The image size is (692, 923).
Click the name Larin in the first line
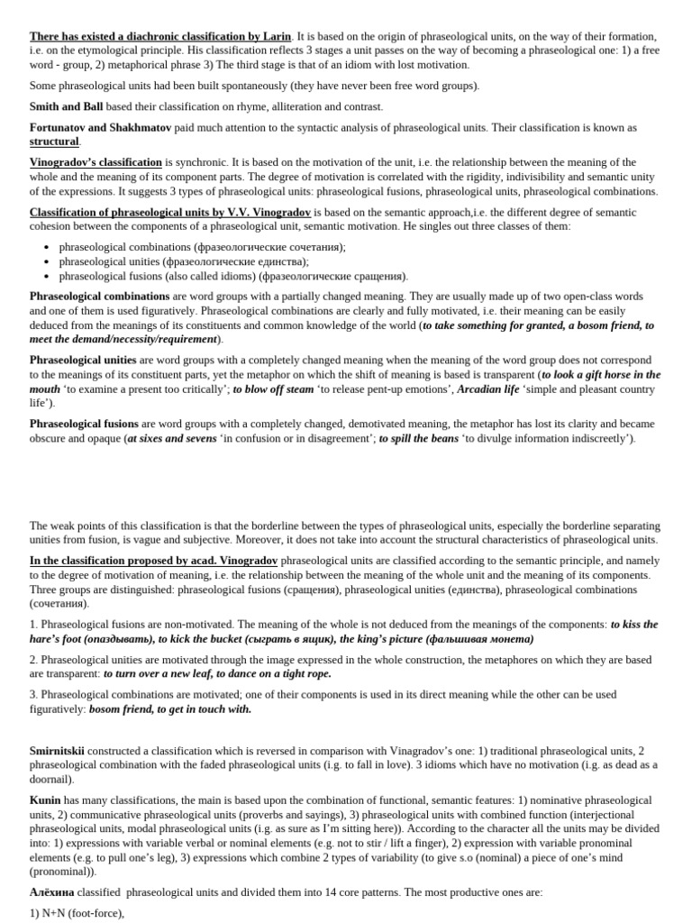coord(276,37)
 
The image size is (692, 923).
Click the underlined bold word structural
coord(54,142)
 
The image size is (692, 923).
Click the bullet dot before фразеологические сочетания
coord(46,247)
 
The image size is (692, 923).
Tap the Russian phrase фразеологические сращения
coord(332,276)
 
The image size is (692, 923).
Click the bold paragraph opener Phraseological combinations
coord(99,296)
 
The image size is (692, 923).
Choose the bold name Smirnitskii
coord(58,750)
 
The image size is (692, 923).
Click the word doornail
coord(51,779)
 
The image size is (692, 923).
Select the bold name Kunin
coord(45,800)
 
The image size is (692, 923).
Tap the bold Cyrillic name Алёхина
coord(51,891)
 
